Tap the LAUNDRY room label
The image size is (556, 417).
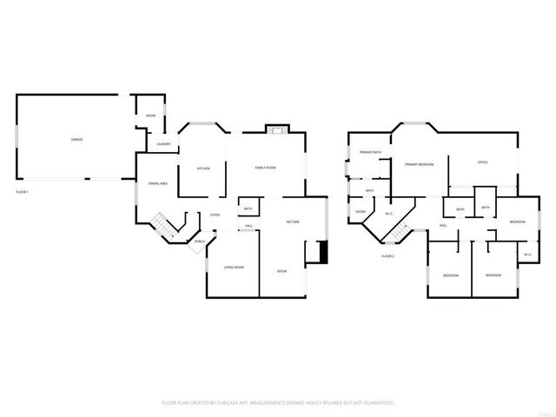pyautogui.click(x=162, y=144)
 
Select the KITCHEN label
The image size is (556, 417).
pyautogui.click(x=202, y=168)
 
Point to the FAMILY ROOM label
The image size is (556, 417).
pyautogui.click(x=265, y=167)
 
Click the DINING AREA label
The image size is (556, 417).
pyautogui.click(x=158, y=184)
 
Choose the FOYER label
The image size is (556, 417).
pyautogui.click(x=214, y=215)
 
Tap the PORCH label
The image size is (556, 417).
pyautogui.click(x=199, y=242)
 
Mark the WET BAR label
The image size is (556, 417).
pyautogui.click(x=293, y=222)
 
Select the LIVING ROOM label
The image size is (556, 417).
pyautogui.click(x=234, y=267)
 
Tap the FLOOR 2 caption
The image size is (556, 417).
pyautogui.click(x=388, y=256)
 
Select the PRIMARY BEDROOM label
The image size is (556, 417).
pyautogui.click(x=419, y=163)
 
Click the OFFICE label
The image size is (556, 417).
pyautogui.click(x=482, y=162)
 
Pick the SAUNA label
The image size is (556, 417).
pyautogui.click(x=360, y=211)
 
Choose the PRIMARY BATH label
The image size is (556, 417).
pyautogui.click(x=371, y=153)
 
